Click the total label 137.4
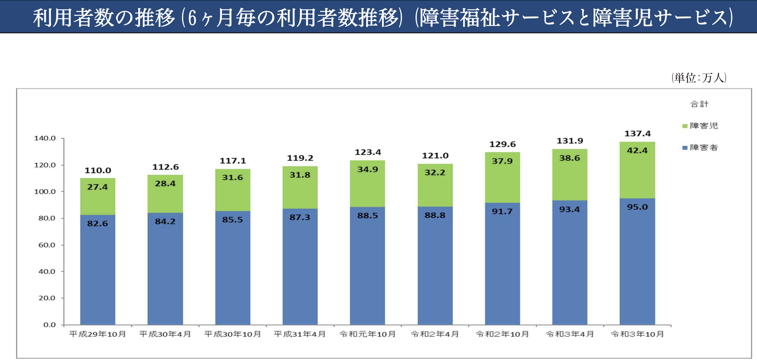click(637, 134)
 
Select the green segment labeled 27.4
click(97, 196)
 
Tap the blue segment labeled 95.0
click(637, 261)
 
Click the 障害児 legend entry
click(700, 126)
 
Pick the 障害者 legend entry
click(700, 147)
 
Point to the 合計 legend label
click(699, 104)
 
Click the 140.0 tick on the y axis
click(45, 138)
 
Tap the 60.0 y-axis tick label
click(47, 245)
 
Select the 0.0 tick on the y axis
click(50, 325)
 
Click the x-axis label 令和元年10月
click(367, 334)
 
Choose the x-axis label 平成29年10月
click(97, 334)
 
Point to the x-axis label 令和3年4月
click(570, 334)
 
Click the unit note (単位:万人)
click(699, 78)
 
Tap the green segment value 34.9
click(368, 170)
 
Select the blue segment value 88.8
click(435, 215)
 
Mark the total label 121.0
click(435, 156)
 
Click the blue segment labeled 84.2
click(165, 269)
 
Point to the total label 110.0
click(98, 171)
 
